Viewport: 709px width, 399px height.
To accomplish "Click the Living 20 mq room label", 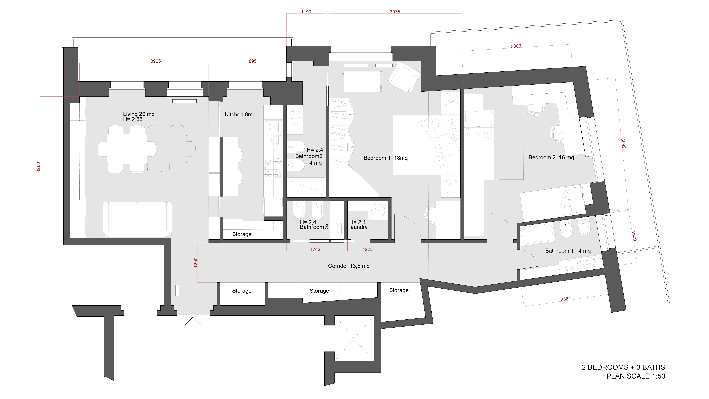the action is [x=139, y=114].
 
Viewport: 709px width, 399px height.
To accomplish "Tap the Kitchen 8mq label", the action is [x=240, y=115].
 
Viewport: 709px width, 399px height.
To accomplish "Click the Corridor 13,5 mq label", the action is [x=349, y=266].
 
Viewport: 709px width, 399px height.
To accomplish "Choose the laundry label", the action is [x=358, y=227].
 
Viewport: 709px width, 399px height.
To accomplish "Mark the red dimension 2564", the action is [x=566, y=299].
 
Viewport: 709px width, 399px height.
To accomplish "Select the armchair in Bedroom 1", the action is [x=404, y=77].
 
